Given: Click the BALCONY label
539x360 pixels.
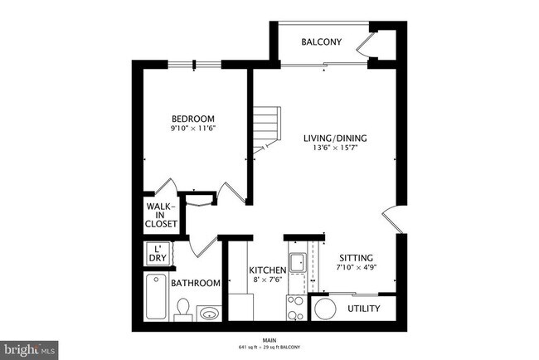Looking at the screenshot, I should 321,41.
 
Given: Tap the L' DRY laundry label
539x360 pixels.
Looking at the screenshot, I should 158,254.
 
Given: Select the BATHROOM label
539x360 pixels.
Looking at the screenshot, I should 196,283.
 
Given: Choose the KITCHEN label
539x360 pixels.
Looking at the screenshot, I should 267,270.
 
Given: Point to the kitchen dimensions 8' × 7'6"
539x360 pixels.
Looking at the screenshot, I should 267,280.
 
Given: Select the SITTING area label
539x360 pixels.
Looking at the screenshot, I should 356,257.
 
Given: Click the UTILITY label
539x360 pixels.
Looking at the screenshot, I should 363,309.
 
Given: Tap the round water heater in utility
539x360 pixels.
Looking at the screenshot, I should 324,309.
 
